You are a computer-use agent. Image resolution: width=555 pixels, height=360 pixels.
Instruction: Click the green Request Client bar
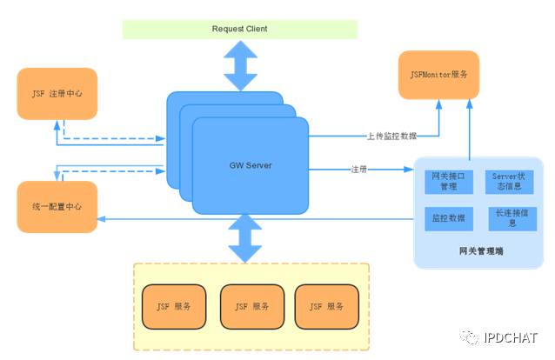(239, 29)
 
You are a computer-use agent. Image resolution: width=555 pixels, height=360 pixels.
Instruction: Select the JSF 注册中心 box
(57, 93)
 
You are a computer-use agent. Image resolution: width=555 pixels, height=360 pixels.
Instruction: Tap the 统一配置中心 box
(57, 208)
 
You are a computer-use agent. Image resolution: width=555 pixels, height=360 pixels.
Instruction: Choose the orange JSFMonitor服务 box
(438, 75)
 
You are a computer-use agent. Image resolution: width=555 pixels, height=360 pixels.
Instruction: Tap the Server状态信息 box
(512, 181)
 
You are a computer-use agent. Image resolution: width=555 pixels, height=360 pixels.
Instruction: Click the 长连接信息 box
(512, 218)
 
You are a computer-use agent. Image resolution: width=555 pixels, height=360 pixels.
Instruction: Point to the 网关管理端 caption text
(480, 251)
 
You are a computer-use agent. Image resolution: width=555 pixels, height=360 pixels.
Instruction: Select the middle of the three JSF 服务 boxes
(251, 306)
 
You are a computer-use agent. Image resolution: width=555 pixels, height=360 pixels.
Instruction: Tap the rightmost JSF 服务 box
(326, 306)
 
